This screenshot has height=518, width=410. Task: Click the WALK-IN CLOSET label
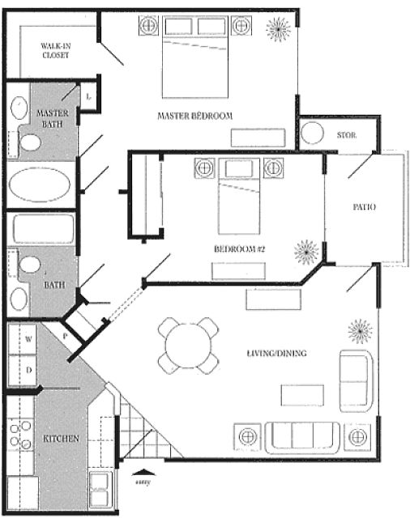tap(56, 50)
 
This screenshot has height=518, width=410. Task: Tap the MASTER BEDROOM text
tap(194, 116)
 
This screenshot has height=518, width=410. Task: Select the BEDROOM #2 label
tap(240, 248)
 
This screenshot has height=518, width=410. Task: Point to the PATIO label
tap(364, 207)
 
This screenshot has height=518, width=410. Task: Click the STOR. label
tap(347, 135)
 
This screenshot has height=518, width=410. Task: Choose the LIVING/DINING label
tap(277, 353)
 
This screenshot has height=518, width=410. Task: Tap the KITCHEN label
tap(61, 439)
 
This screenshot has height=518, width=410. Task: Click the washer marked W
tap(22, 339)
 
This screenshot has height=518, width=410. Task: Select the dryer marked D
tap(22, 370)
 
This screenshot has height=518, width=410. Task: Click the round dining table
tap(188, 346)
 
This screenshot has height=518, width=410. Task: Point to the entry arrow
tap(143, 472)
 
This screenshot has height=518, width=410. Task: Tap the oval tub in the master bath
tap(40, 185)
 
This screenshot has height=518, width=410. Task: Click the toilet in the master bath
tap(30, 142)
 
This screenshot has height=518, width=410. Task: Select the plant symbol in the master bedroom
tap(279, 29)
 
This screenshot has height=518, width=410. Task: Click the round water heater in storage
tap(312, 133)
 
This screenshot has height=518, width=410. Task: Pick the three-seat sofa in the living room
tap(302, 437)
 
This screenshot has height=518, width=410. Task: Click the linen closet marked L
tap(88, 96)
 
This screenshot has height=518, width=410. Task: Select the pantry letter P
tap(65, 337)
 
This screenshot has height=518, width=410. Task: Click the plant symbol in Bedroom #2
tap(306, 252)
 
